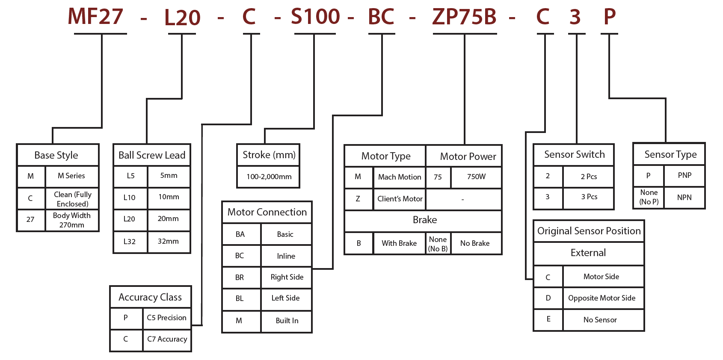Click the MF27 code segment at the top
tap(95, 17)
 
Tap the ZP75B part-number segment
tap(464, 17)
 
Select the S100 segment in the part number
tap(315, 17)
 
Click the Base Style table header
tap(56, 155)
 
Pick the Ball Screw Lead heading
tap(152, 155)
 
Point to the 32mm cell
tap(168, 241)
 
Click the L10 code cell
tap(129, 198)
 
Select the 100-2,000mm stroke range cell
tap(269, 177)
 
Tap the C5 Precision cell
tap(166, 318)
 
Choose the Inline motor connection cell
tap(286, 256)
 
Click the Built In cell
tap(287, 321)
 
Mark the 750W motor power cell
tap(476, 177)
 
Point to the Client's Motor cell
tap(400, 199)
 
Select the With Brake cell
tap(399, 243)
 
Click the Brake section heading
tap(424, 220)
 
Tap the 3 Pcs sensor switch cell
tap(589, 197)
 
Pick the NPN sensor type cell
tap(684, 198)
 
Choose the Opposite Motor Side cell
tap(602, 298)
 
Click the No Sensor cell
tap(600, 320)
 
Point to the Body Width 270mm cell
tap(71, 220)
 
